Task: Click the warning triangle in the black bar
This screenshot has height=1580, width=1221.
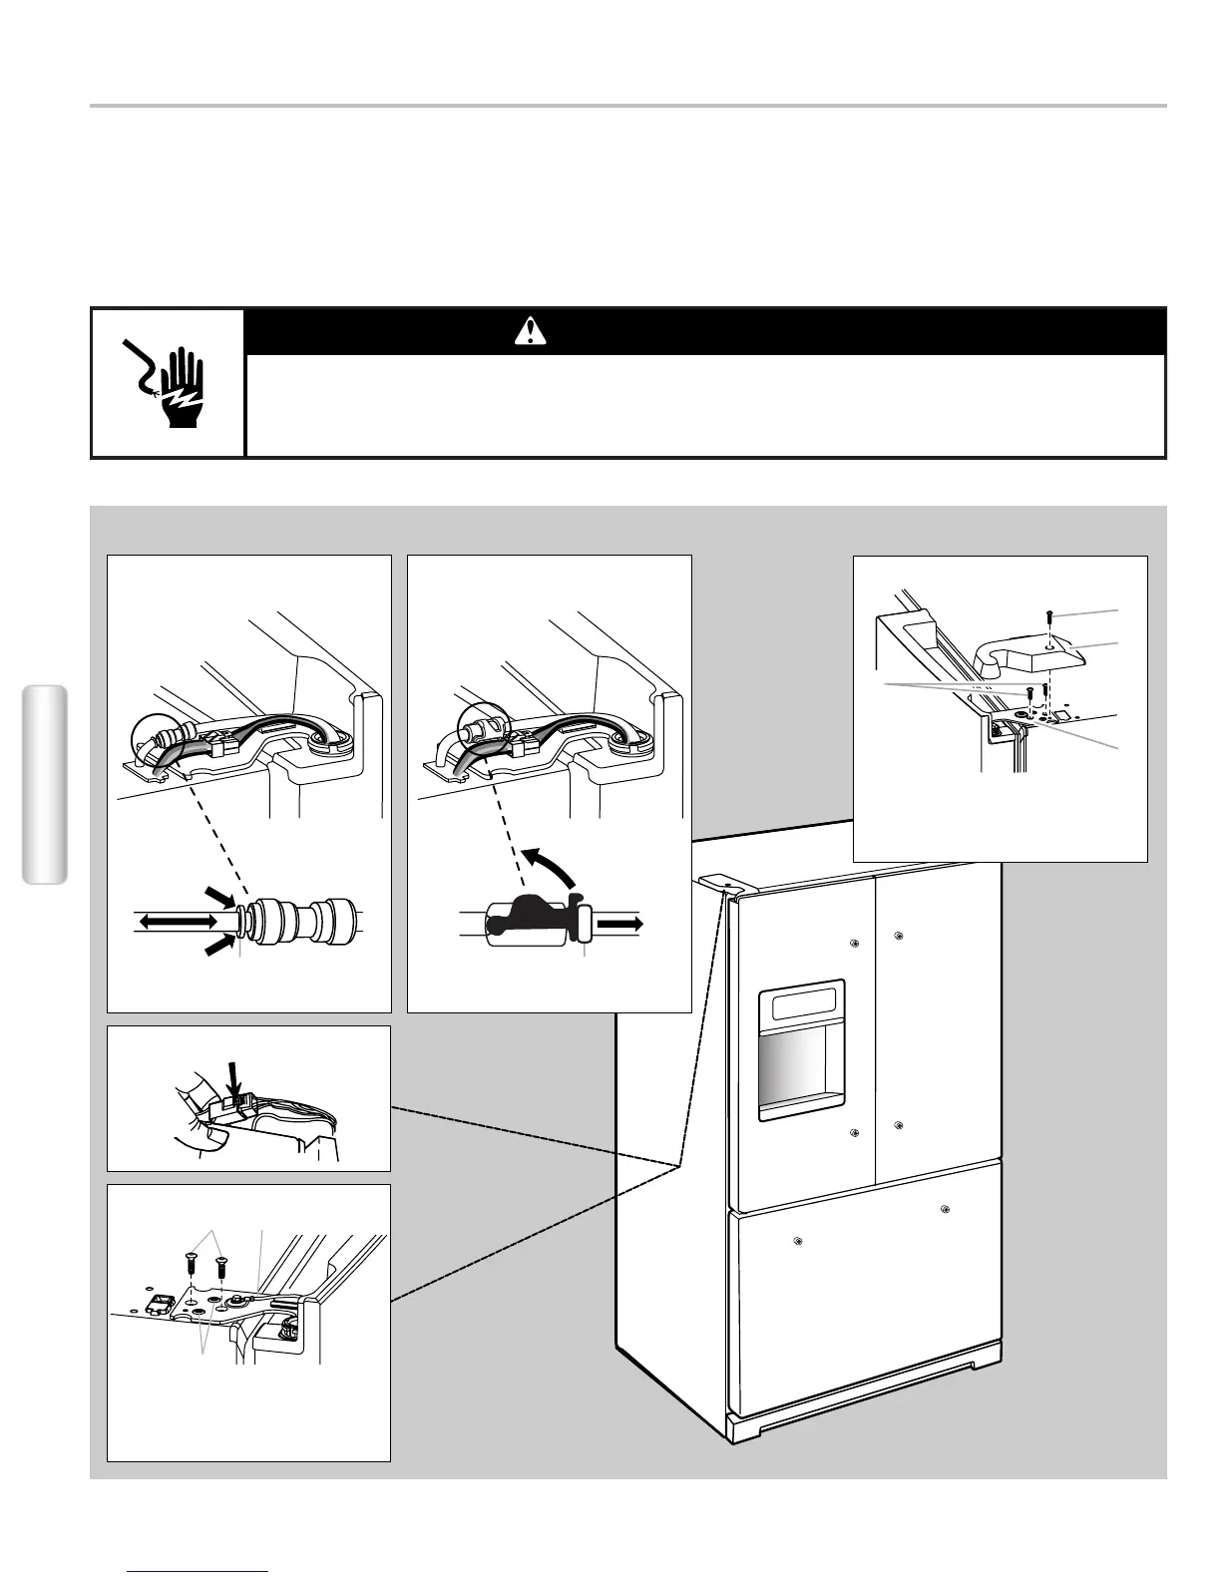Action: [524, 331]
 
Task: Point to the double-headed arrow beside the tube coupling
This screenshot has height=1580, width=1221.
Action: [177, 924]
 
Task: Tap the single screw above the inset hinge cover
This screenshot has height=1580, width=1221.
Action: [1047, 616]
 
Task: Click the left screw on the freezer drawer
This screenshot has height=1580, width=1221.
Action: [797, 1242]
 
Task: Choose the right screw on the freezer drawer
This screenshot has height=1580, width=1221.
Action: [944, 1210]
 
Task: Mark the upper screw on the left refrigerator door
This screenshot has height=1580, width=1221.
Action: [855, 943]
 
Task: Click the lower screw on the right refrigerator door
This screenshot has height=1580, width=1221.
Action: [899, 1126]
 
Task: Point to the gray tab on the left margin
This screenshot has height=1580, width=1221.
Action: [44, 784]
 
